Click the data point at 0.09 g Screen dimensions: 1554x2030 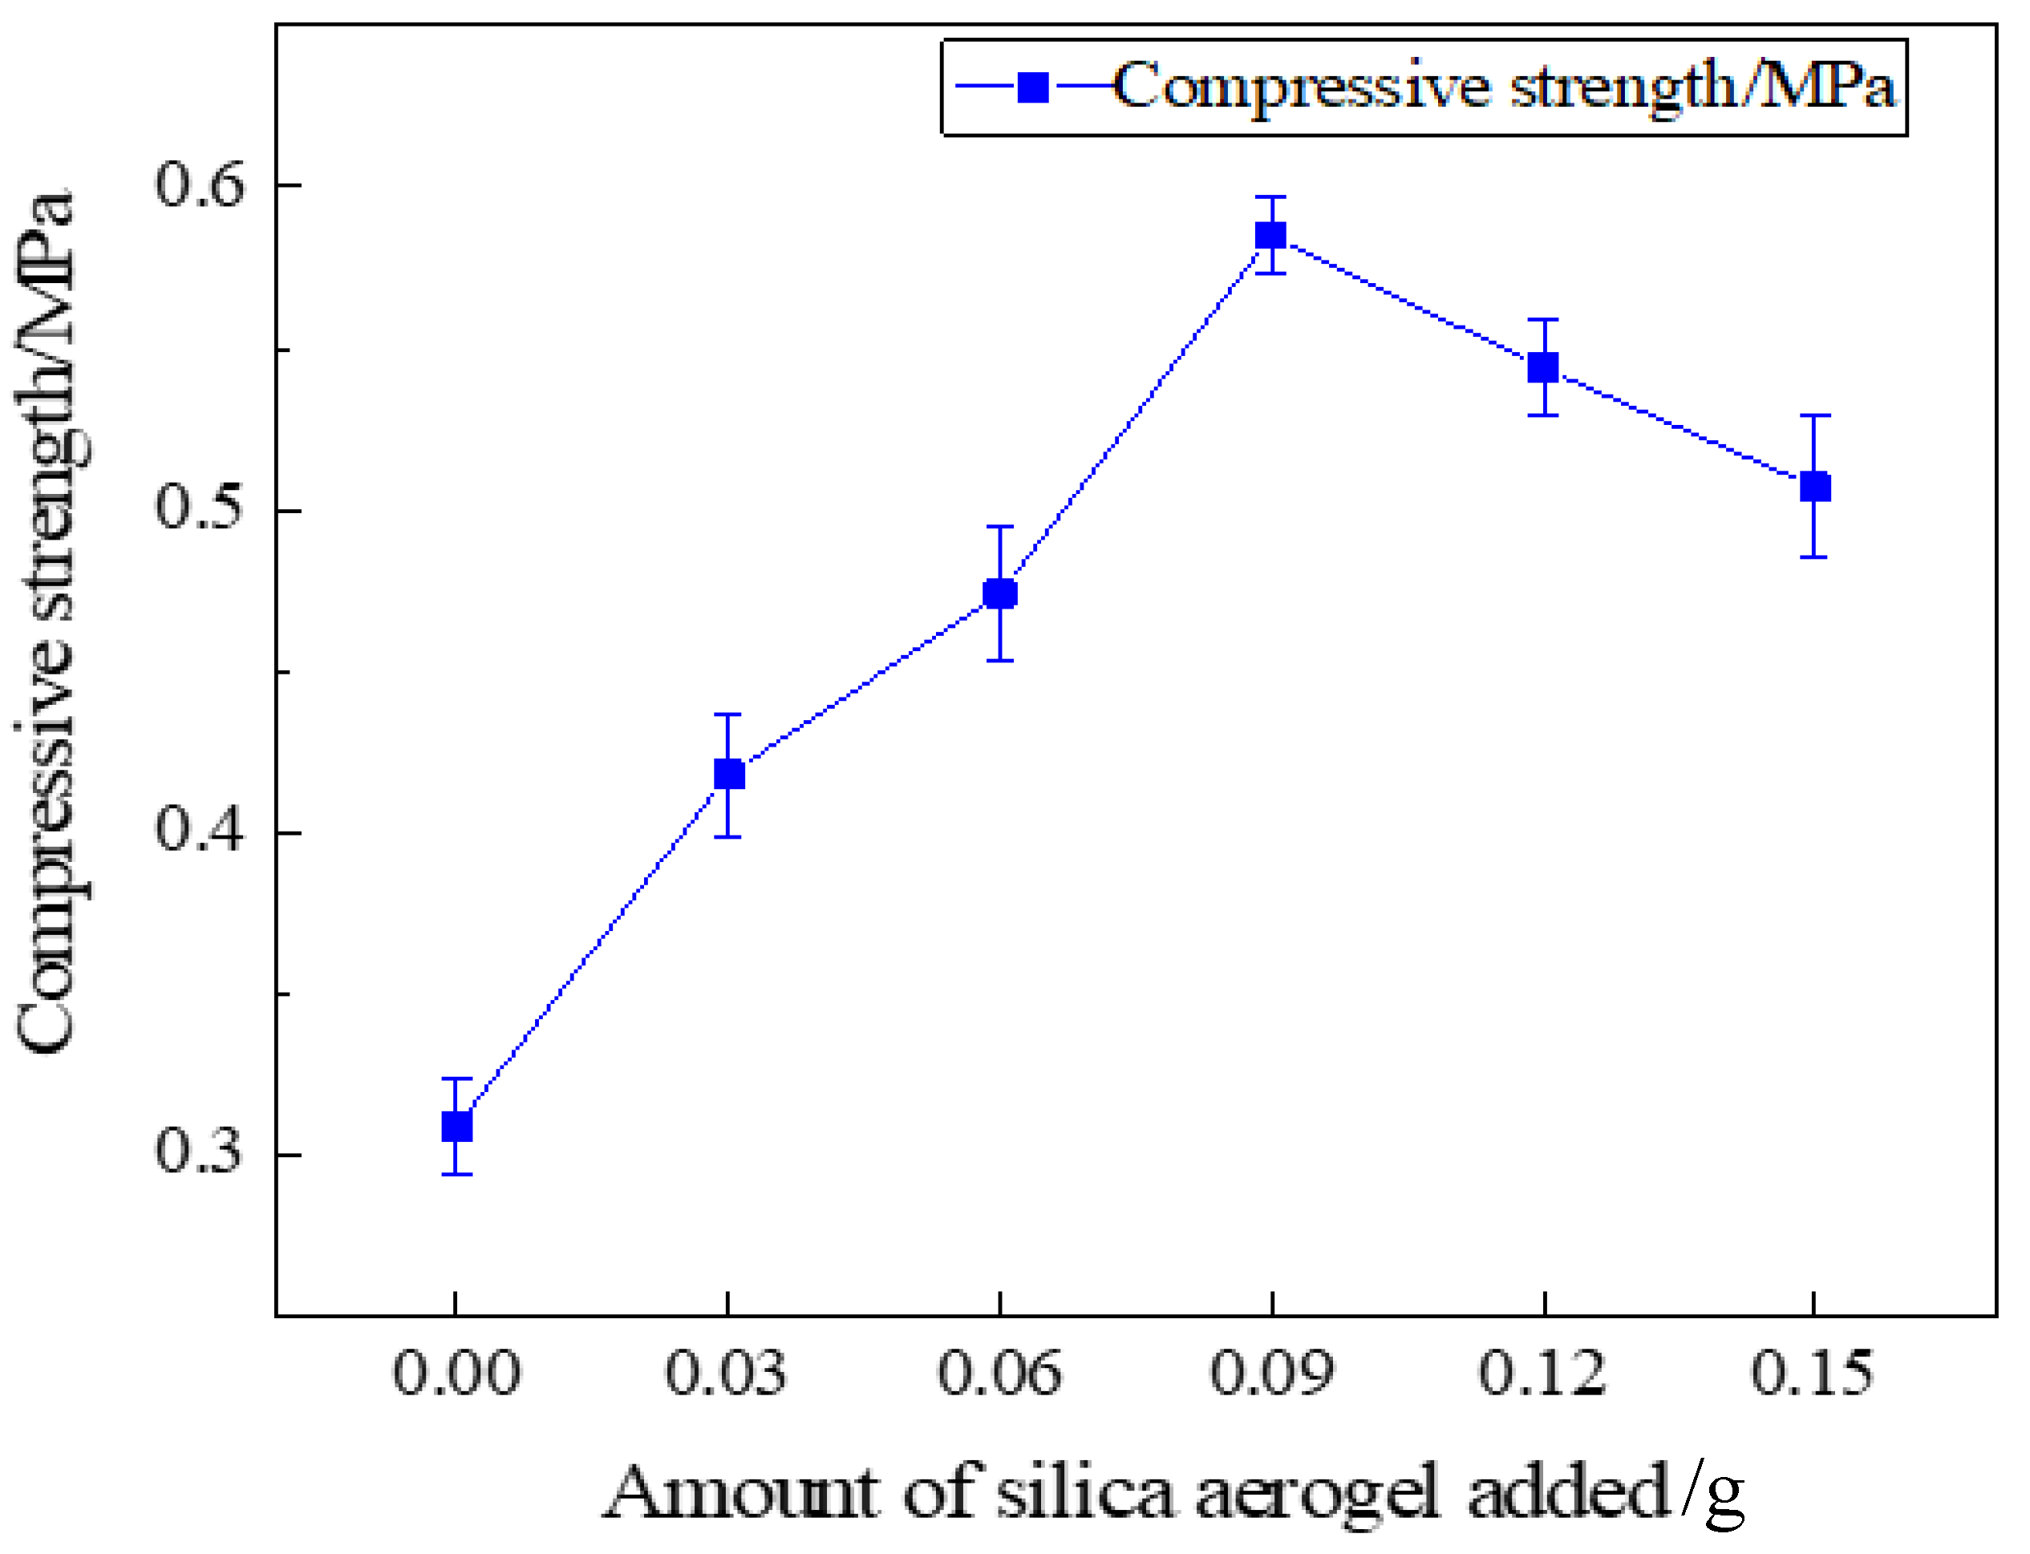pos(1270,235)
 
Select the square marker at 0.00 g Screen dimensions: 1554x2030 pos(456,1127)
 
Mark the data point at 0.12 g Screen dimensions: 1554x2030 pos(1542,367)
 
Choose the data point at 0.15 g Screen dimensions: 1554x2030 pos(1814,487)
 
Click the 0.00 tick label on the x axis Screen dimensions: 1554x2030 pos(456,1374)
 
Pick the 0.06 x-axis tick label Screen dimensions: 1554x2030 pos(999,1374)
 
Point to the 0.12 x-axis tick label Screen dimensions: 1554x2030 pos(1542,1374)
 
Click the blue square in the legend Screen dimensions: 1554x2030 pos(1032,88)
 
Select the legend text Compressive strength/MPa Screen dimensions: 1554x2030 pos(1504,88)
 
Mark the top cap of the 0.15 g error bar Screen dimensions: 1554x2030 pos(1814,416)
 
